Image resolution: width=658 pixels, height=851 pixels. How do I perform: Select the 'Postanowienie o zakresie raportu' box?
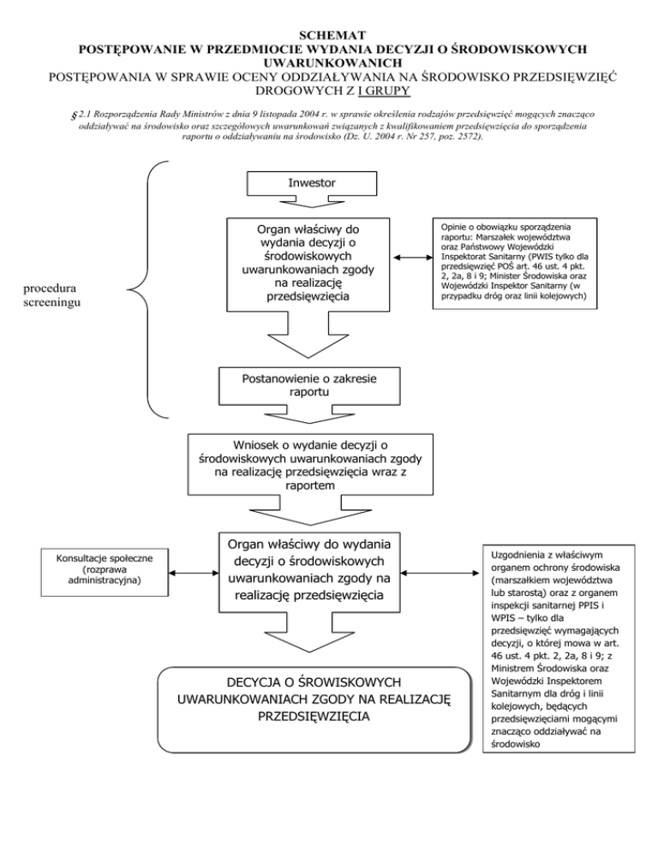tap(310, 385)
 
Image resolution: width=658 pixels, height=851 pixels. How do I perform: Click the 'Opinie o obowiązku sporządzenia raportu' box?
tap(514, 265)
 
